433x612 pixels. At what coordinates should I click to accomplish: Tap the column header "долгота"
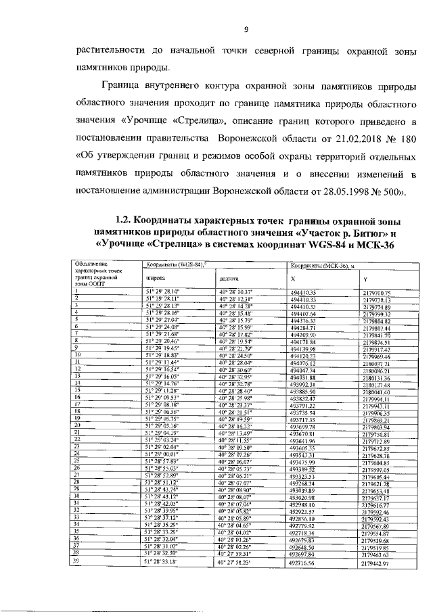click(x=229, y=278)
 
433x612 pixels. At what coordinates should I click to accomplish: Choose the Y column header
click(x=366, y=278)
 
